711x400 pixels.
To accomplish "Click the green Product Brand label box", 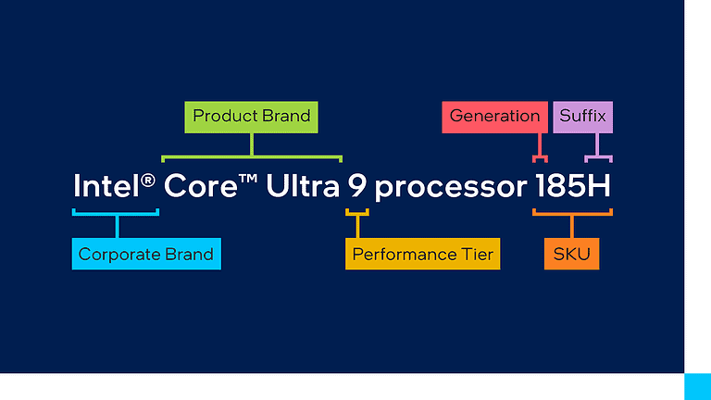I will tap(251, 117).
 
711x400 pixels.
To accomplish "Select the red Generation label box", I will tap(494, 117).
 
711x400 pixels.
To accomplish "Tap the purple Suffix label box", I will tap(582, 117).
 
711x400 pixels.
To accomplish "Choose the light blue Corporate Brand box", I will tap(146, 254).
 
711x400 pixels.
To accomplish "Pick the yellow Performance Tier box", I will tap(422, 254).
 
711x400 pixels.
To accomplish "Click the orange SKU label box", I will tap(571, 254).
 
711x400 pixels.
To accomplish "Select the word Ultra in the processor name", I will tap(302, 186).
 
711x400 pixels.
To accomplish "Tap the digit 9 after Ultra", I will tap(357, 186).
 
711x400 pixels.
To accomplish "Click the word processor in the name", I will tap(450, 188).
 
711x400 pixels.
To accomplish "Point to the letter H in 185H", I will tap(599, 186).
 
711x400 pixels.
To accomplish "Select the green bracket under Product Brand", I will tap(252, 156).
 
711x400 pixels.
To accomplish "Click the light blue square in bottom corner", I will tap(697, 386).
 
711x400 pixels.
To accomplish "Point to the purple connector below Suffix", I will tap(597, 153).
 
